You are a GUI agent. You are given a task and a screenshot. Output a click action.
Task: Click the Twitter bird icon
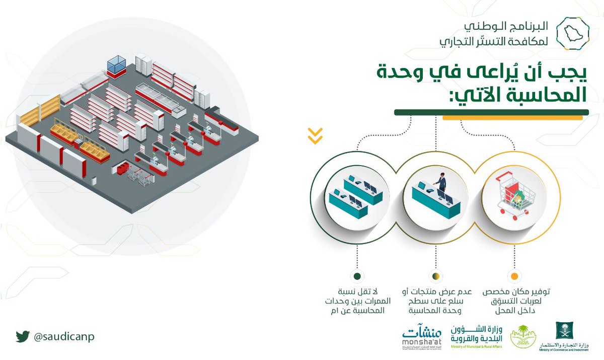click(22, 336)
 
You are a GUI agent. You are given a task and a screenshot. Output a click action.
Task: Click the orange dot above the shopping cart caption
click(514, 276)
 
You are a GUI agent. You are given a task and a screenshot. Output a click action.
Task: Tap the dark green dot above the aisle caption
click(357, 276)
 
